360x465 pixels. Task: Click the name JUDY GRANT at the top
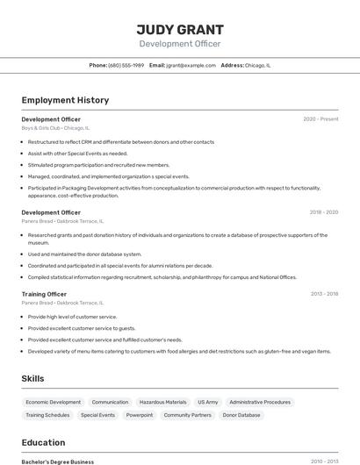point(180,30)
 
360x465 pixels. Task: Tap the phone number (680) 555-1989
point(126,65)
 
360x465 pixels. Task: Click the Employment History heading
point(65,100)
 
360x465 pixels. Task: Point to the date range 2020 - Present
point(320,119)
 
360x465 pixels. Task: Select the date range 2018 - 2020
point(323,212)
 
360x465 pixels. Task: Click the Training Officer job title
point(44,294)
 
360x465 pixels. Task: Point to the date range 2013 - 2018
point(323,294)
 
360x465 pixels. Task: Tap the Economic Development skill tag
point(53,402)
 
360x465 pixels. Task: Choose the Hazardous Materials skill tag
point(162,402)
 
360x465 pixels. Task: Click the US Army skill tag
point(207,402)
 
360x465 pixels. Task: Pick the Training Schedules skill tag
point(47,415)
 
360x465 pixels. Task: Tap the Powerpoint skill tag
point(139,415)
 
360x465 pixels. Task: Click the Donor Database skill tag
point(241,415)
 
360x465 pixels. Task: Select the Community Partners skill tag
point(187,415)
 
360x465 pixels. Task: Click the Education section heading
point(43,442)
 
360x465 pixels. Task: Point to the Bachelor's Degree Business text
point(57,461)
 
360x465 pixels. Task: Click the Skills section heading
point(33,378)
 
